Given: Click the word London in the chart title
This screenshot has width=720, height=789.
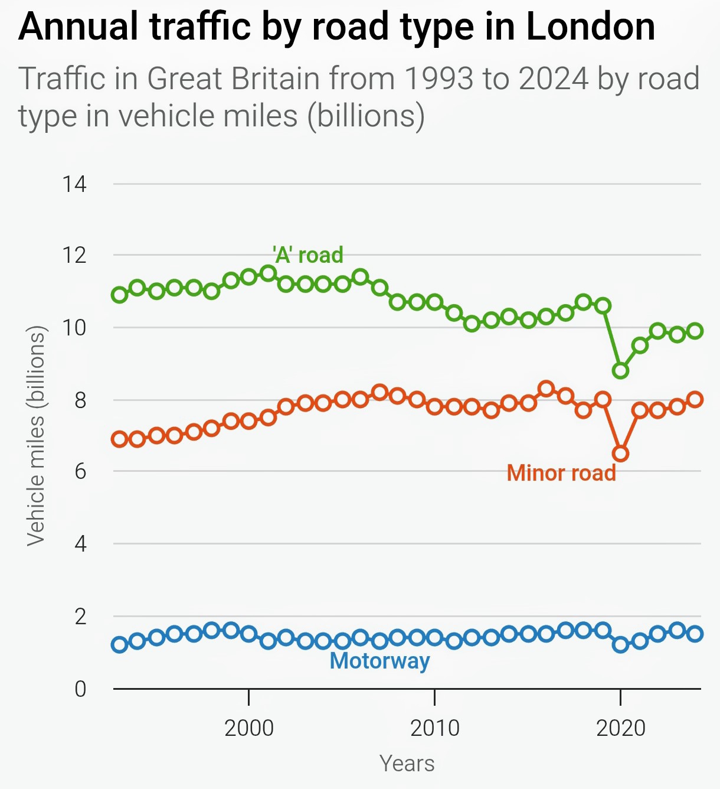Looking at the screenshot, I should (590, 27).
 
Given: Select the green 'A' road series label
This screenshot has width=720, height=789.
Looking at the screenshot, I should (307, 255).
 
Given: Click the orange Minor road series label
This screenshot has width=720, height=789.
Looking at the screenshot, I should (561, 473).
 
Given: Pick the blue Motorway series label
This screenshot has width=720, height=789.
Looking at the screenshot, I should (379, 660).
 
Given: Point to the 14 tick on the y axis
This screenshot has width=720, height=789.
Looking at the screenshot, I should (75, 184).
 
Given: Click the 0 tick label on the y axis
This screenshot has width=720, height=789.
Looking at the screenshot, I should (80, 689).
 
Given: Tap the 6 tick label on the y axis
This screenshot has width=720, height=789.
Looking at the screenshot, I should (80, 471).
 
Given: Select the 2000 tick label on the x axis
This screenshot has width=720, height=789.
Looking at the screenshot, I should (249, 728).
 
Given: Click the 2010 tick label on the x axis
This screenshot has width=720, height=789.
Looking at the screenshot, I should (435, 728).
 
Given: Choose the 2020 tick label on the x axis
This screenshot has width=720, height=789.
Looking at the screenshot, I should (621, 728).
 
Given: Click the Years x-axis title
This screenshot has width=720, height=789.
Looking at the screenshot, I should (407, 764).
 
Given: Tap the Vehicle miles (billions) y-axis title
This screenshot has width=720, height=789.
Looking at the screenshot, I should (36, 436).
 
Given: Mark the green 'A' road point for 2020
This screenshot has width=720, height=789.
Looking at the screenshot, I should (620, 371).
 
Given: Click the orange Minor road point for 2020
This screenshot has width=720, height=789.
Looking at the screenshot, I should (620, 454).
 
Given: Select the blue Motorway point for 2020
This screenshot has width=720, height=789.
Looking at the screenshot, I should (620, 645).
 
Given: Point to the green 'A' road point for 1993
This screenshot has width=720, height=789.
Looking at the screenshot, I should (120, 295).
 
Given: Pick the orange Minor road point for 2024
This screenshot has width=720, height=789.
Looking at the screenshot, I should (695, 399).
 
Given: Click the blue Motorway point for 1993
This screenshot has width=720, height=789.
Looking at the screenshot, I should (120, 645).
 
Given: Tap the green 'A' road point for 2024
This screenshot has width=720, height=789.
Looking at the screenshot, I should (695, 331).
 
